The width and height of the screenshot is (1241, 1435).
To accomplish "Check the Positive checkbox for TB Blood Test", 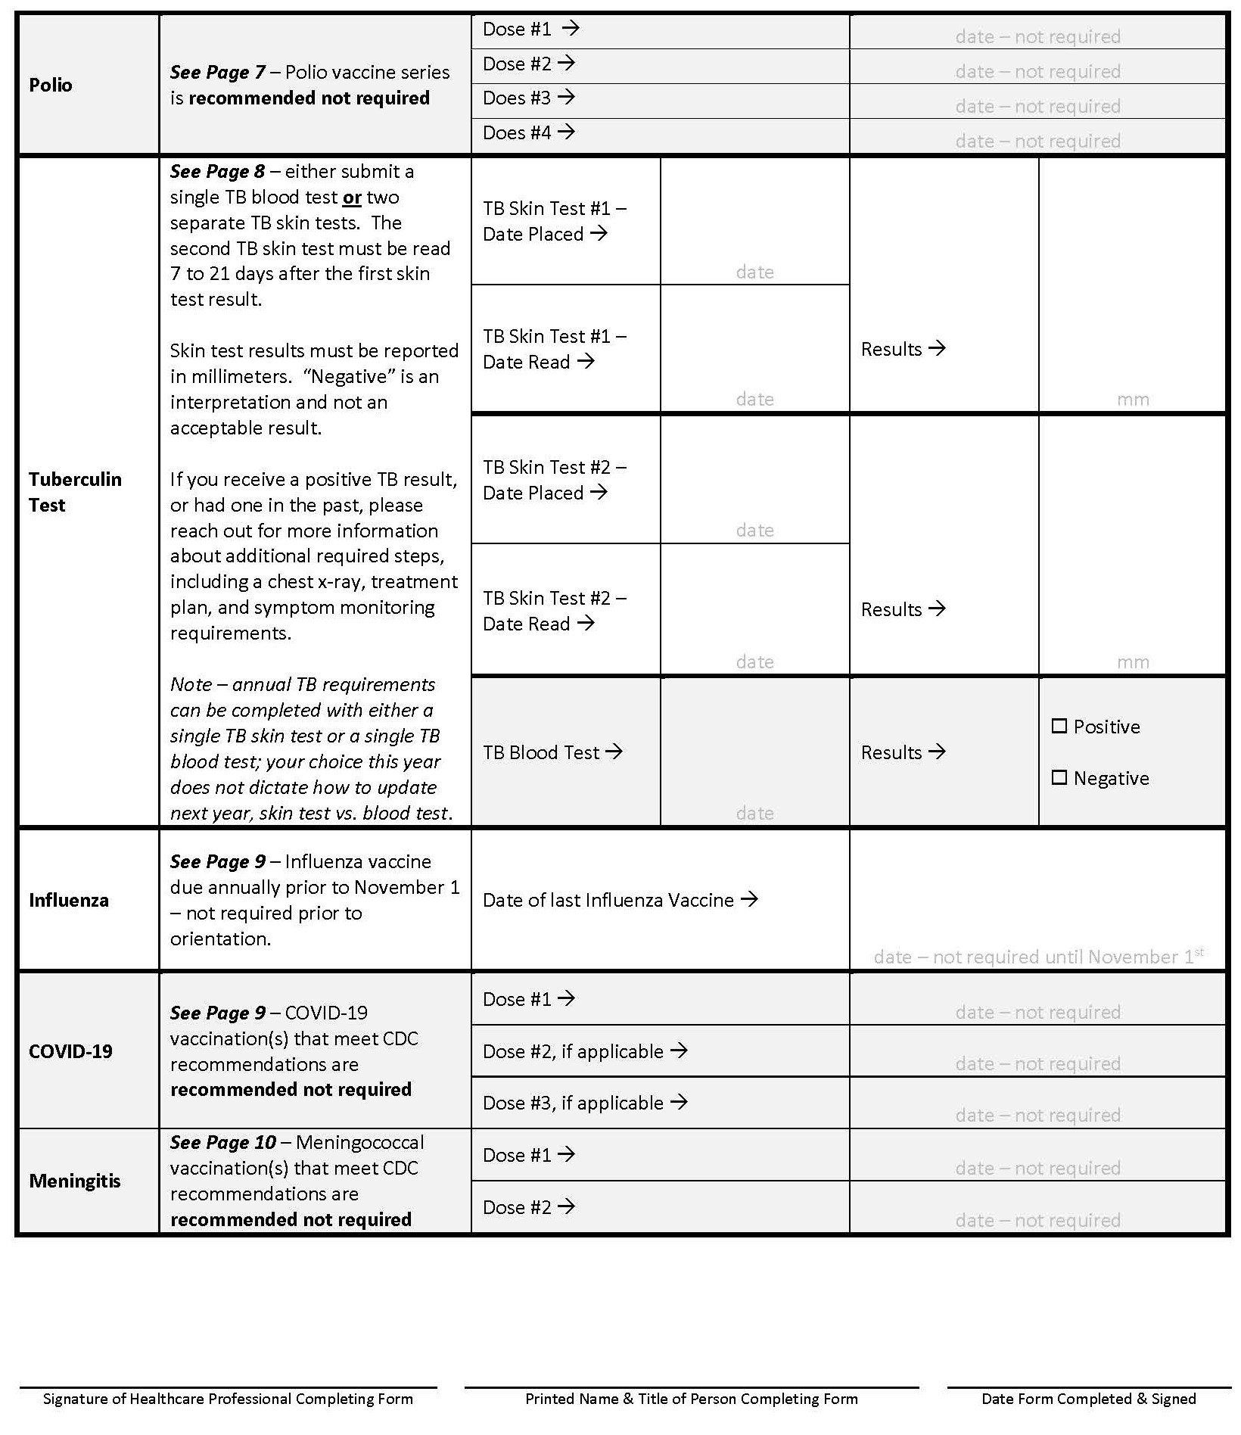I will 1059,727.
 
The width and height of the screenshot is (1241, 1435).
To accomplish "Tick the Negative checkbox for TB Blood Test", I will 1059,778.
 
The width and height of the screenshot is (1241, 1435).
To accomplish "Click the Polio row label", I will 51,85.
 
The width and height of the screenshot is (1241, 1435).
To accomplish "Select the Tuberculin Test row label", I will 75,492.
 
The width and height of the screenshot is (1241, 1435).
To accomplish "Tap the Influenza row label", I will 69,900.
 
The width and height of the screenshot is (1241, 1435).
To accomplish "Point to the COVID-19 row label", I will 70,1051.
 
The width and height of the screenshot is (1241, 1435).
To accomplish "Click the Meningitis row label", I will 75,1181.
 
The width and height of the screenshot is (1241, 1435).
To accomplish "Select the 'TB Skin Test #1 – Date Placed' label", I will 555,221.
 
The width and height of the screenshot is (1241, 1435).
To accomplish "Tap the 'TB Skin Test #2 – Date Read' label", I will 555,611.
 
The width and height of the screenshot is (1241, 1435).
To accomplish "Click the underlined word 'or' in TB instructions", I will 352,198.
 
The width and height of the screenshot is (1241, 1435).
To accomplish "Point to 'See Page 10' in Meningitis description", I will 222,1142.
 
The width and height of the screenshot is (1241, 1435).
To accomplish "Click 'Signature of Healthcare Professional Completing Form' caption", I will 228,1399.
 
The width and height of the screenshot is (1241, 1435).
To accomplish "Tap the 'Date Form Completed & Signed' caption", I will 1088,1399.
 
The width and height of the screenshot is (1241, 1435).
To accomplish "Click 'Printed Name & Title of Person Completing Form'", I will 691,1399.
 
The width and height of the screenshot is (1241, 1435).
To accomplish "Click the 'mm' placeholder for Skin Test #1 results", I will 1132,400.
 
